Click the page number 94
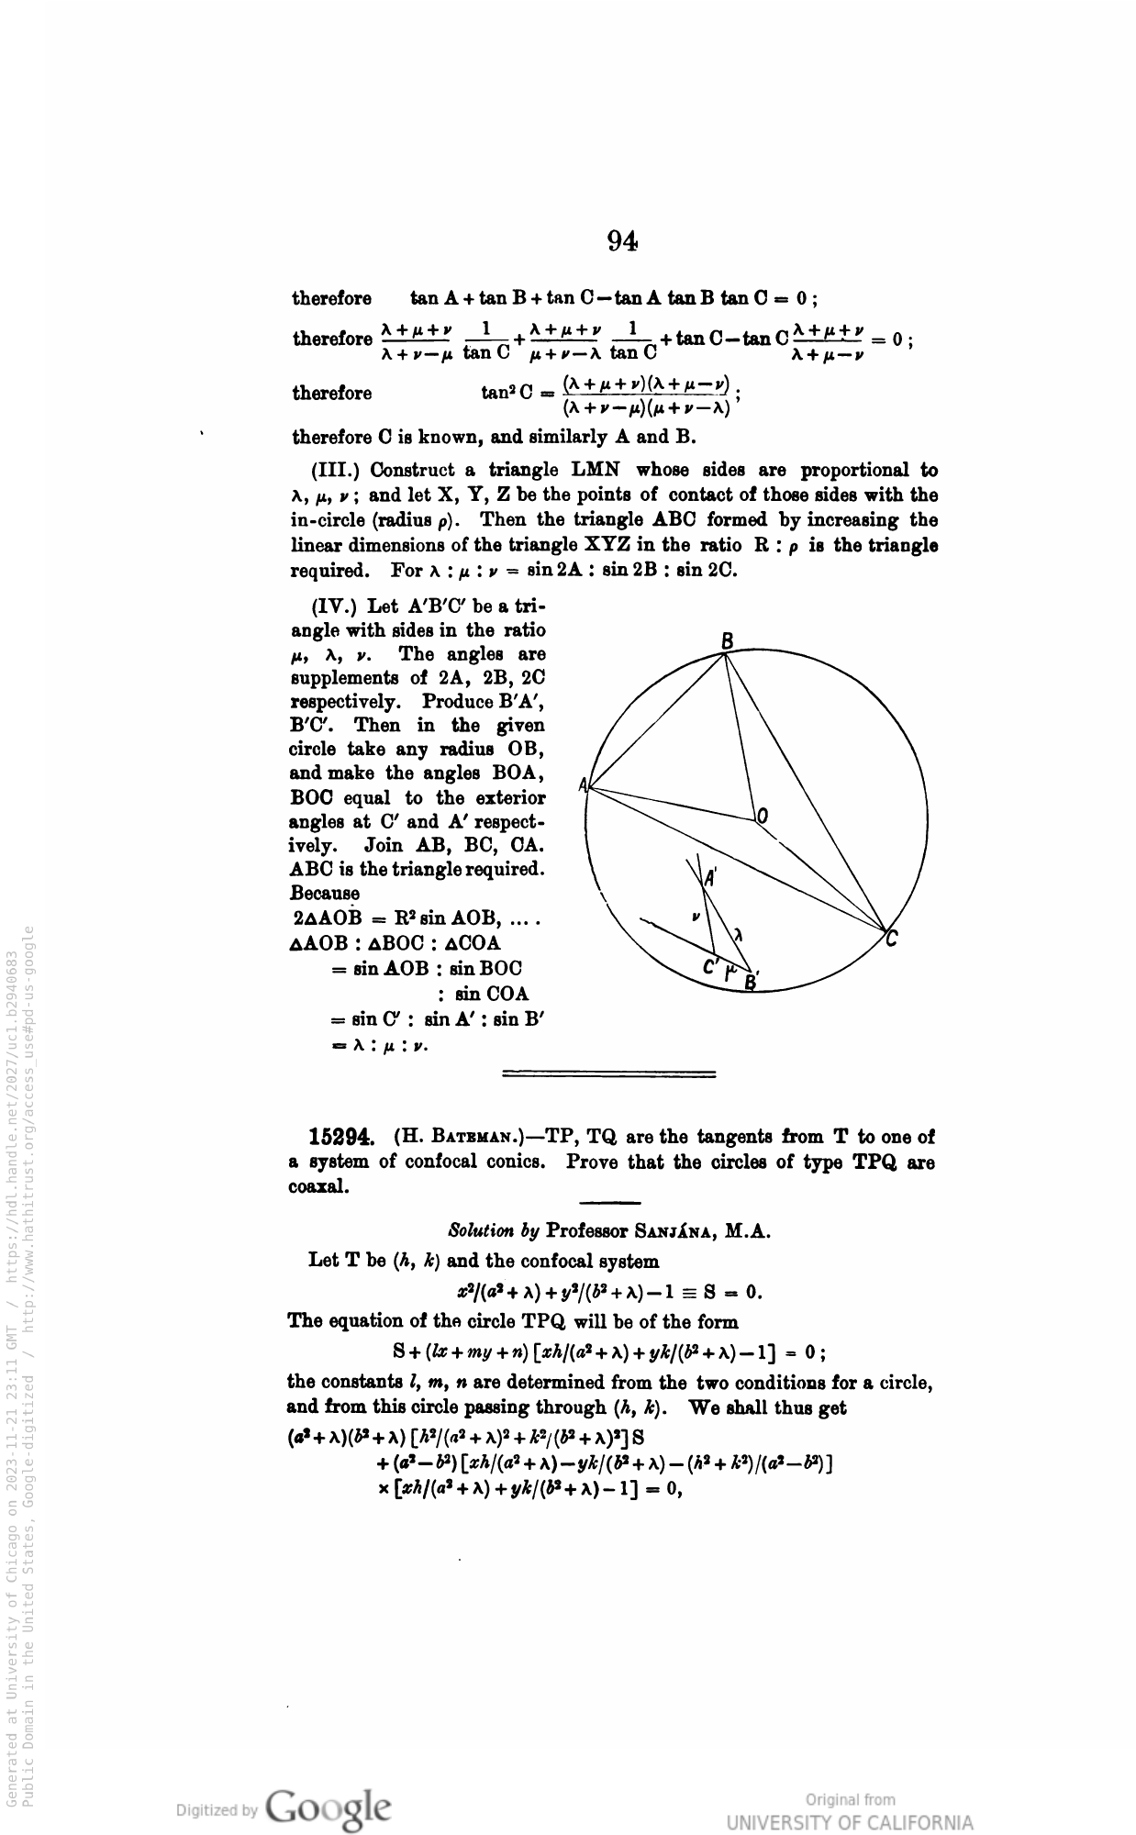[622, 240]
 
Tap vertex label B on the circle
[727, 641]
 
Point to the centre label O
[763, 816]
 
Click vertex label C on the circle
[892, 939]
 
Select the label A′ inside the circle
[710, 877]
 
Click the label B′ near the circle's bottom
[751, 983]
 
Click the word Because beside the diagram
[325, 893]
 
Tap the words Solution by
[493, 1230]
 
